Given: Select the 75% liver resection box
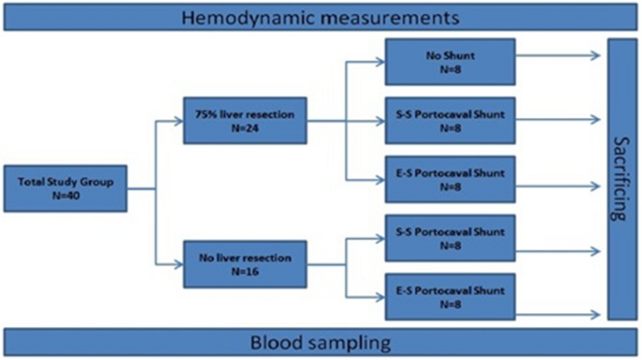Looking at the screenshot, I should (246, 121).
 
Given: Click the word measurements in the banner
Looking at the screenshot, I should (381, 17).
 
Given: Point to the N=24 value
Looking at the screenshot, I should (246, 129).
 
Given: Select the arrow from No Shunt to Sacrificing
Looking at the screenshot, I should (559, 55).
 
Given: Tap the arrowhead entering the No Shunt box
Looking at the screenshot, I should (381, 61).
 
